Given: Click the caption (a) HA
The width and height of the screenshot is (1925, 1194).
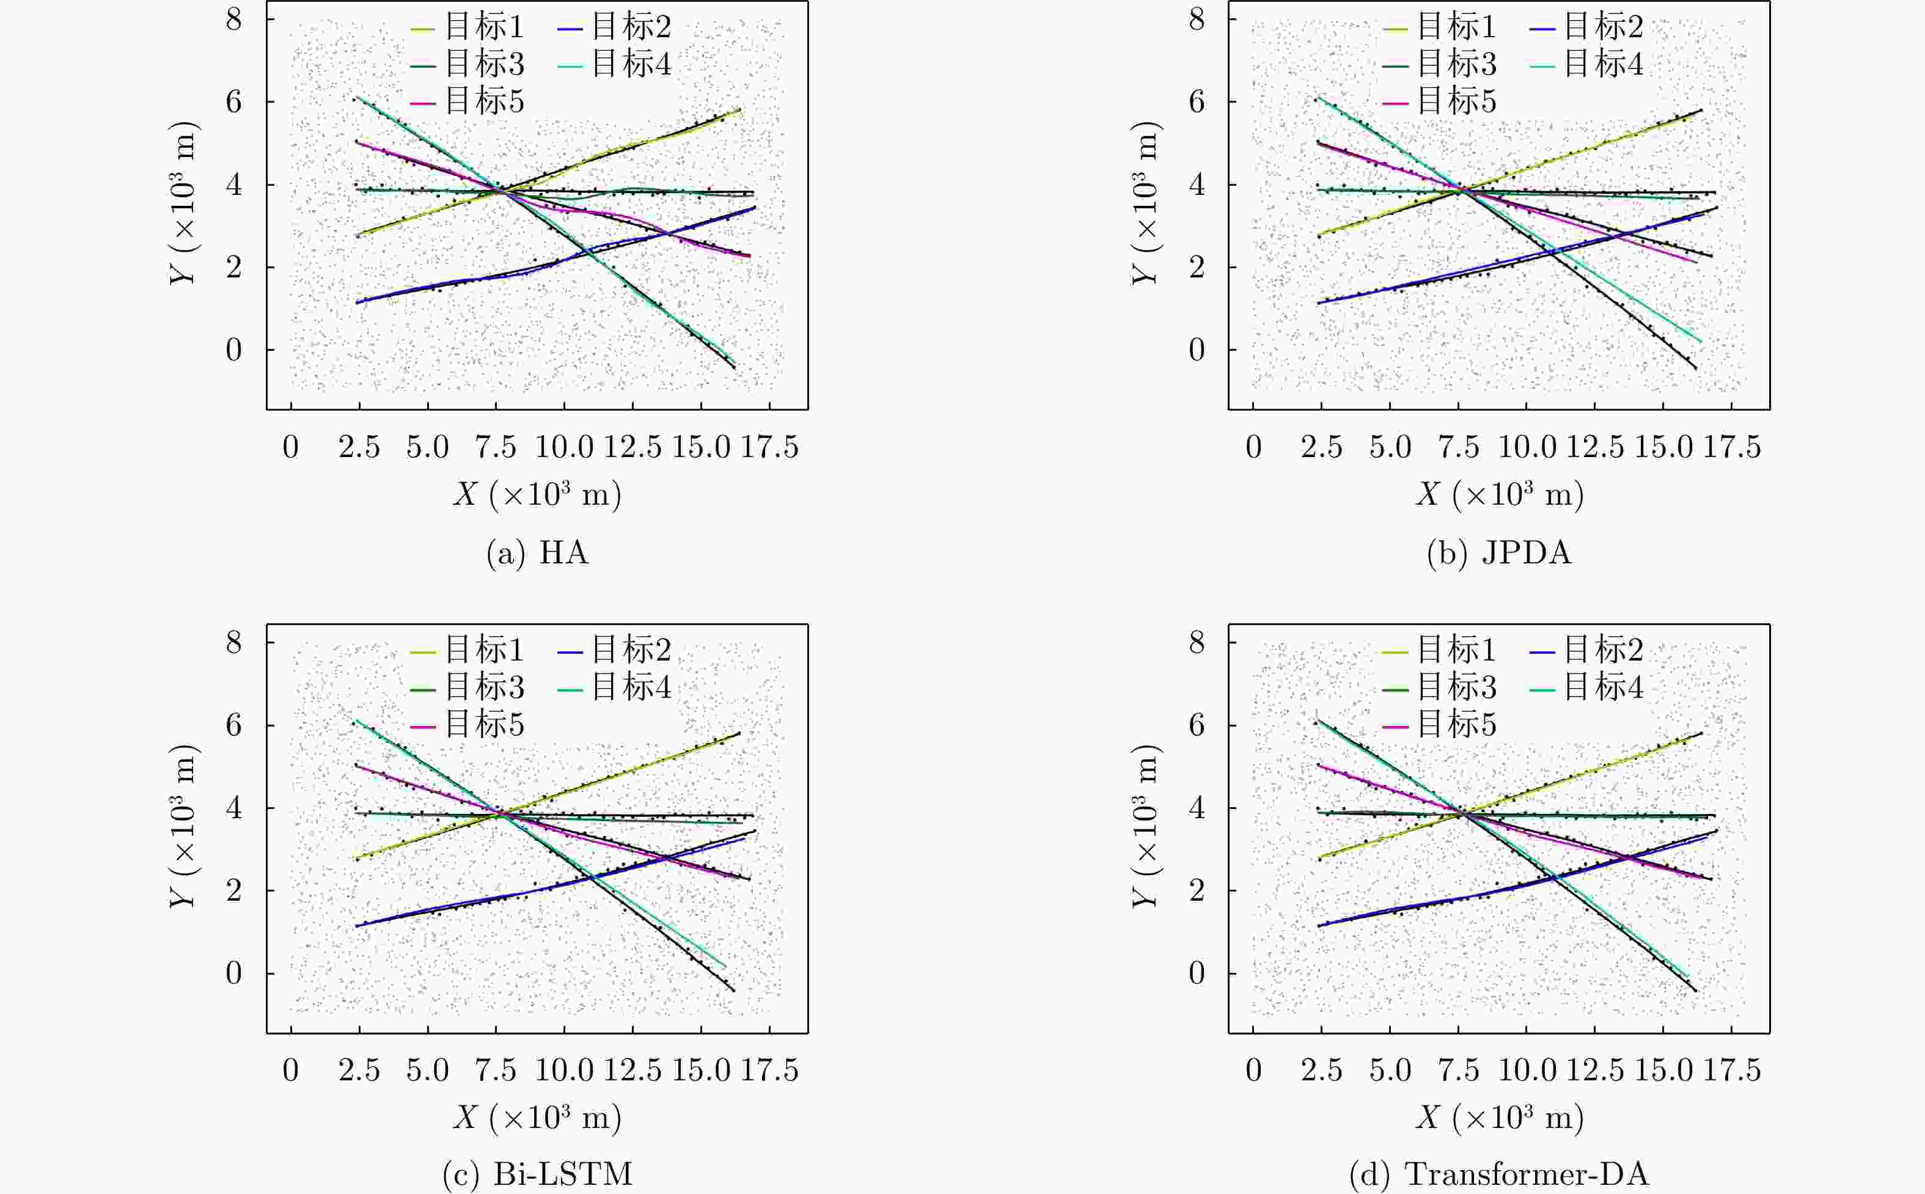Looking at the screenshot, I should tap(538, 553).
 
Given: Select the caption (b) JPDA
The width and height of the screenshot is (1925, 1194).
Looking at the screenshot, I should tap(1498, 553).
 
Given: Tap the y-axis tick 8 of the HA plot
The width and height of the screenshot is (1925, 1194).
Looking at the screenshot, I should tap(233, 19).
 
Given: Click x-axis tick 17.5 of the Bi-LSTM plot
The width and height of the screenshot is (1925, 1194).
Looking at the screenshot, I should tap(769, 1071).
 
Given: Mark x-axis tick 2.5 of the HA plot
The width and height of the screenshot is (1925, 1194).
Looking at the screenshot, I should tap(359, 448).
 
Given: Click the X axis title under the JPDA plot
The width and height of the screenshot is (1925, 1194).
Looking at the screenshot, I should tap(1498, 494).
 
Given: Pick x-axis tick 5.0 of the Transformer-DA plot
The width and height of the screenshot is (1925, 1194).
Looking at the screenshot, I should tap(1390, 1071).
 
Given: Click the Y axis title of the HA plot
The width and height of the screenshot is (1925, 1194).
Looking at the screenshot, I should tap(183, 203).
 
